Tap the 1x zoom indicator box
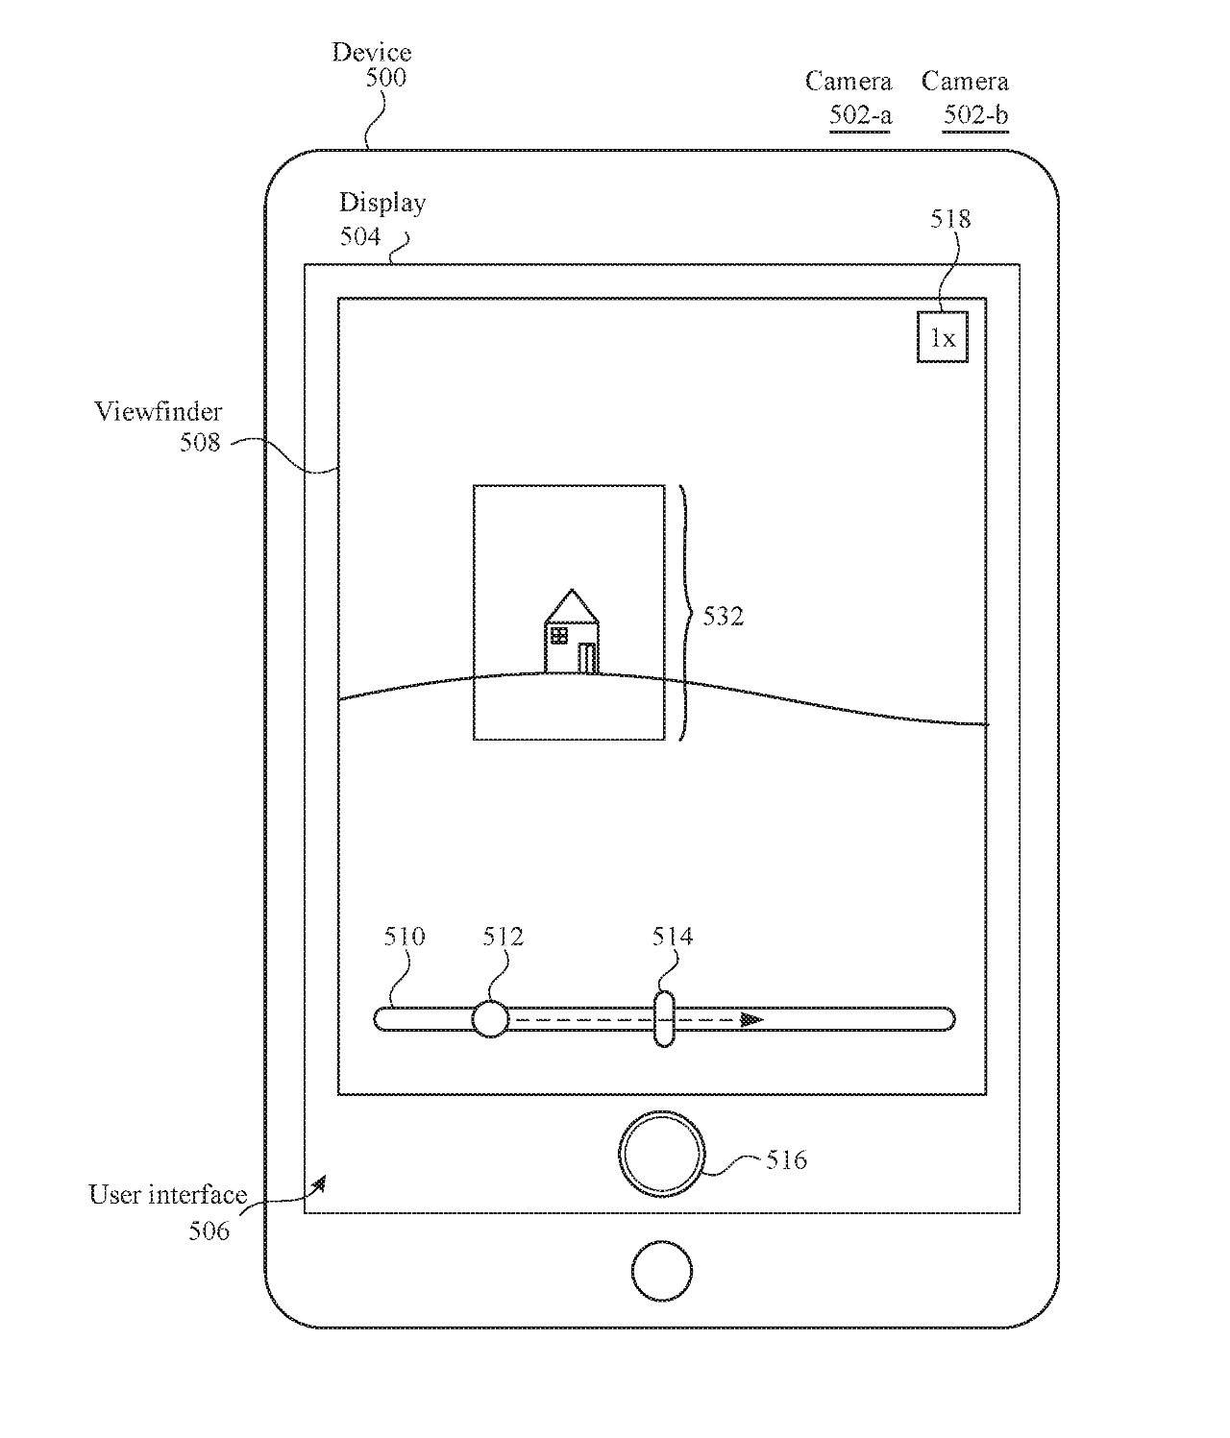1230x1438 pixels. (x=942, y=337)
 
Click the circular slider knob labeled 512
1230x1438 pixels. (x=490, y=1018)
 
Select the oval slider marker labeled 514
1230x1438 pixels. (x=663, y=1018)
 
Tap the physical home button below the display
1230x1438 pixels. (x=661, y=1270)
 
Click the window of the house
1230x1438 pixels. (x=558, y=635)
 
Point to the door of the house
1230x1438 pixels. (x=586, y=658)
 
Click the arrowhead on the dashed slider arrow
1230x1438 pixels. (x=752, y=1019)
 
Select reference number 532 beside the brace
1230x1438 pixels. (x=723, y=616)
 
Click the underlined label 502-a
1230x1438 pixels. (x=861, y=115)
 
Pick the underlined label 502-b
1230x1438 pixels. (x=975, y=115)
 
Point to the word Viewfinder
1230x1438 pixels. (x=159, y=411)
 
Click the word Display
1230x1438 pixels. (x=382, y=203)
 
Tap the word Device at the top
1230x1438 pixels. (x=372, y=52)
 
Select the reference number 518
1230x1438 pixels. (x=950, y=219)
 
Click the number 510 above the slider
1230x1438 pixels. (x=405, y=936)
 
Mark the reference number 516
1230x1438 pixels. (x=786, y=1159)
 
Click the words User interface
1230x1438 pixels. (x=168, y=1195)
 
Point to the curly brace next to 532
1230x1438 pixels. (x=685, y=613)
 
